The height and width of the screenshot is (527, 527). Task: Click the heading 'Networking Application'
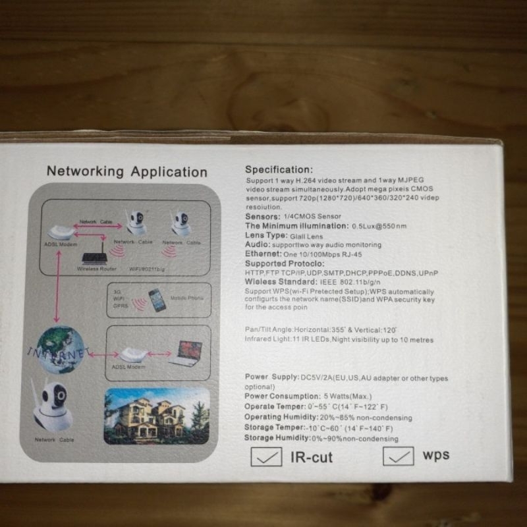pyautogui.click(x=126, y=172)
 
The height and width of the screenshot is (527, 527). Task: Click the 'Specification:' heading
pyautogui.click(x=279, y=169)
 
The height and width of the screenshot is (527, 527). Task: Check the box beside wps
pyautogui.click(x=398, y=456)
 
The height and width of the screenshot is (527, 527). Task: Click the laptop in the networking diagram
pyautogui.click(x=187, y=354)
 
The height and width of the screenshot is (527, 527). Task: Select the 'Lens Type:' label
pyautogui.click(x=266, y=235)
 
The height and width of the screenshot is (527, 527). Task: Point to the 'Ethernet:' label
pyautogui.click(x=264, y=254)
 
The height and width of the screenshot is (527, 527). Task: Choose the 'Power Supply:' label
pyautogui.click(x=271, y=377)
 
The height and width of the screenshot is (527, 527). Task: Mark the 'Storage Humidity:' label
pyautogui.click(x=277, y=437)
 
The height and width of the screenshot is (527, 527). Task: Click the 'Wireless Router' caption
pyautogui.click(x=97, y=269)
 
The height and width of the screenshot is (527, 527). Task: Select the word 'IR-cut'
pyautogui.click(x=312, y=457)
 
